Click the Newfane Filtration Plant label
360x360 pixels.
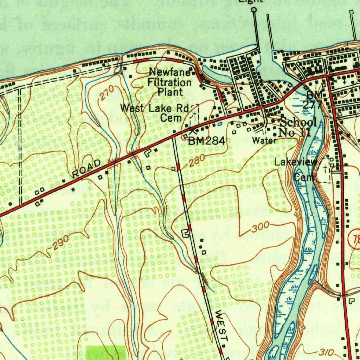pyautogui.click(x=170, y=82)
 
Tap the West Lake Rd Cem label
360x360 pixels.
pyautogui.click(x=155, y=112)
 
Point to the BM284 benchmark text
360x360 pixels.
pyautogui.click(x=206, y=141)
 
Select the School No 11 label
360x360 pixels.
pyautogui.click(x=297, y=127)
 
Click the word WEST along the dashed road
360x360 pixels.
pyautogui.click(x=222, y=326)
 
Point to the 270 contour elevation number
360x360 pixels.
pyautogui.click(x=107, y=93)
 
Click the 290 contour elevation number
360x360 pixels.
pyautogui.click(x=61, y=243)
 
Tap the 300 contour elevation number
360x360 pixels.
pyautogui.click(x=260, y=227)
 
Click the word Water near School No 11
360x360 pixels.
pyautogui.click(x=264, y=141)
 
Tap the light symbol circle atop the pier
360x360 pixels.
pyautogui.click(x=254, y=10)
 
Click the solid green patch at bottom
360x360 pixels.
pyautogui.click(x=106, y=353)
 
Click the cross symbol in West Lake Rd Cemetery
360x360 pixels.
pyautogui.click(x=194, y=116)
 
